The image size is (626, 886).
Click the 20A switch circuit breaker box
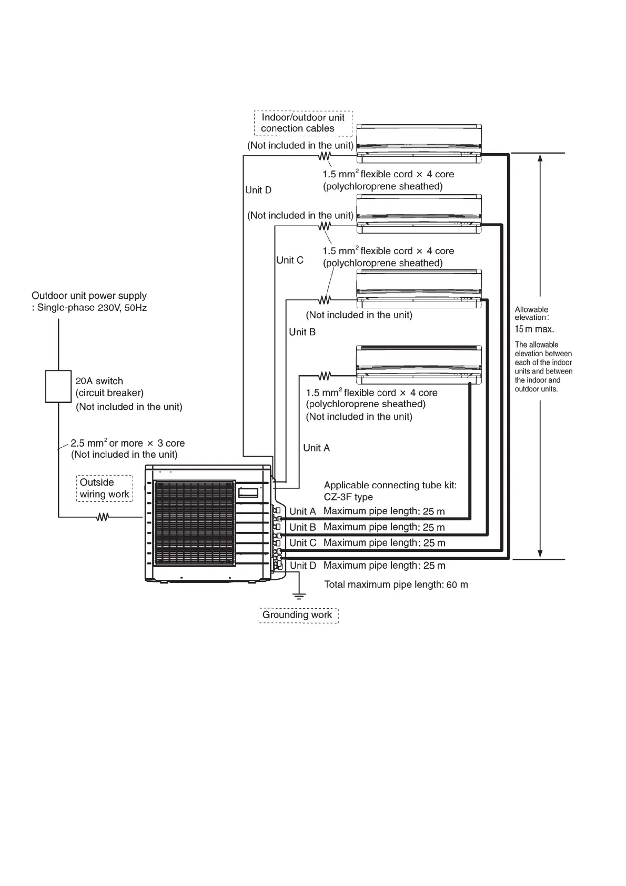[x=58, y=386]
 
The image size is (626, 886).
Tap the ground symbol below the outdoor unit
[x=299, y=596]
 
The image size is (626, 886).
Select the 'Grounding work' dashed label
[x=298, y=615]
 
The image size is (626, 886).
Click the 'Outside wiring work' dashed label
[x=104, y=488]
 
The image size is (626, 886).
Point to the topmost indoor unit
[x=419, y=144]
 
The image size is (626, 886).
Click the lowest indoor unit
[x=419, y=365]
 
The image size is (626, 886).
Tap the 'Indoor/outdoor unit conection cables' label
[x=302, y=123]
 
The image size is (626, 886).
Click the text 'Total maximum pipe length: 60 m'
[x=396, y=585]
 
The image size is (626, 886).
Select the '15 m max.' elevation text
[x=534, y=329]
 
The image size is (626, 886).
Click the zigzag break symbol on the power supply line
[x=102, y=517]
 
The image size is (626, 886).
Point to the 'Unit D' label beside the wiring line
[x=258, y=190]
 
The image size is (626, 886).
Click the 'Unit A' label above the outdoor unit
[x=316, y=448]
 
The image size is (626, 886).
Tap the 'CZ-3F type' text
[x=348, y=497]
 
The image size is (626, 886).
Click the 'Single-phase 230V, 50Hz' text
[x=92, y=308]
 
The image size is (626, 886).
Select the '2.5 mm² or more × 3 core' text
[x=127, y=444]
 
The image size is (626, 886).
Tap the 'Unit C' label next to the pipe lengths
[x=303, y=543]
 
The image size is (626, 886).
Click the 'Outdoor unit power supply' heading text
[x=89, y=296]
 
